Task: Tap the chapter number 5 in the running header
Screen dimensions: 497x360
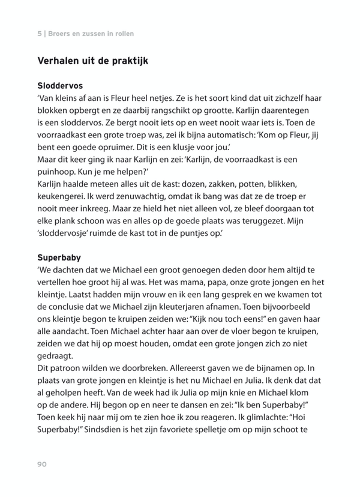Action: click(x=39, y=34)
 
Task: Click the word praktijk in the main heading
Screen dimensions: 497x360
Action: click(x=127, y=61)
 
